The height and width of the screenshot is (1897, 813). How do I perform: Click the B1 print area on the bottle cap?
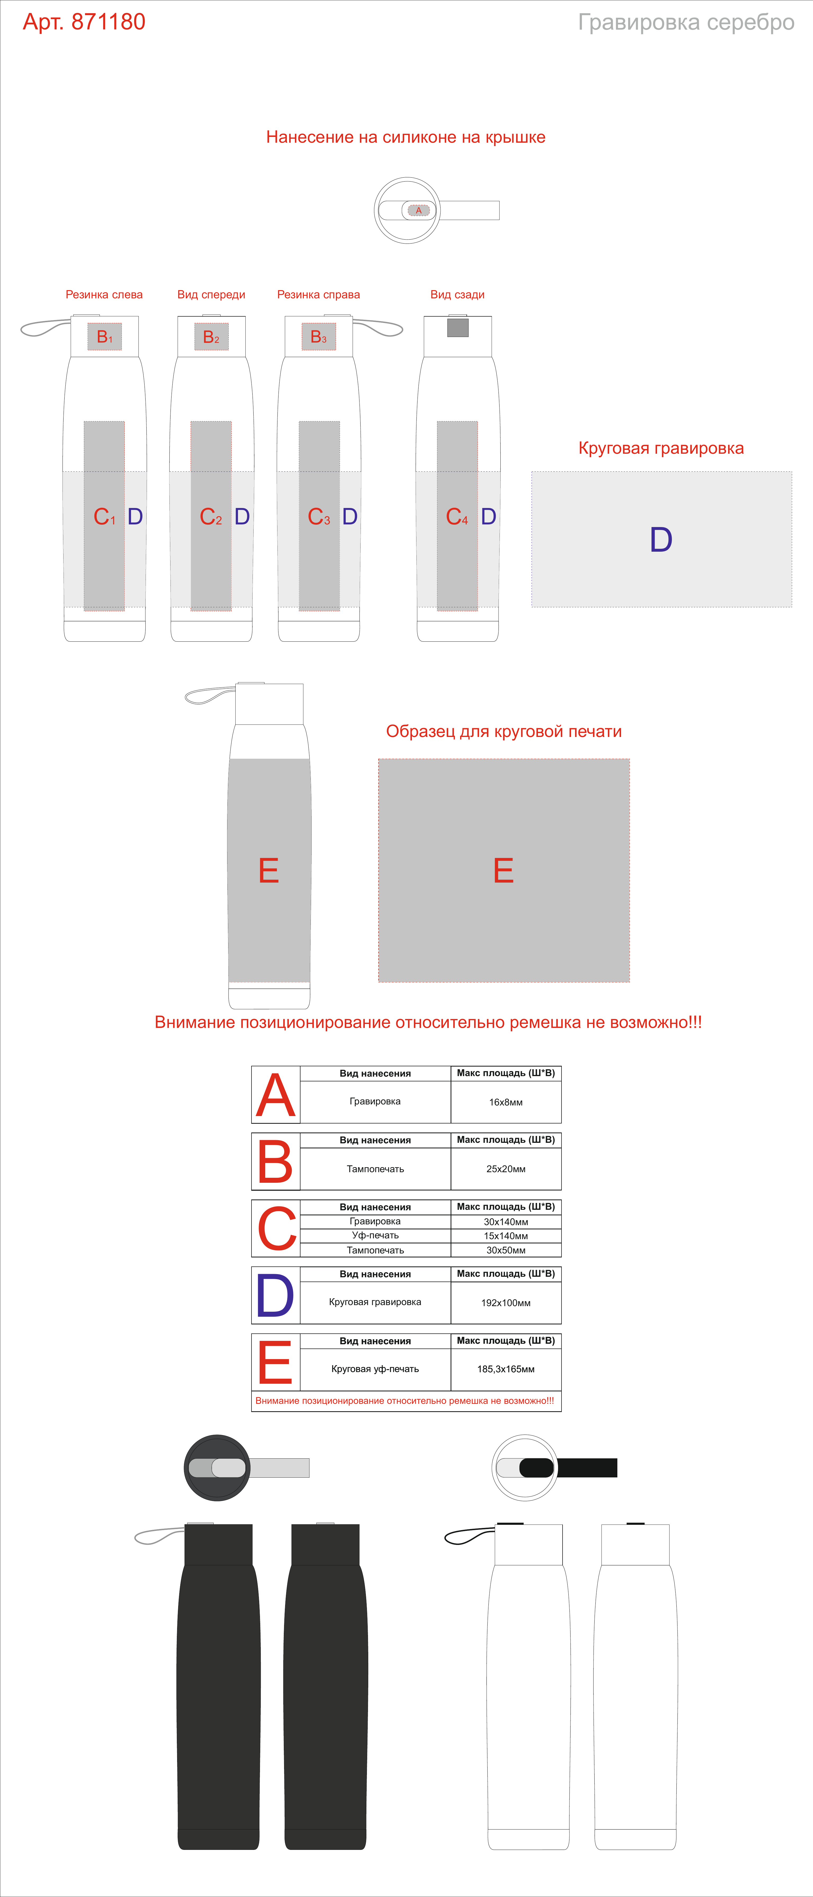pos(105,336)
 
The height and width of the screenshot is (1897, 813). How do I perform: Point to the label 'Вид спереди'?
pos(211,295)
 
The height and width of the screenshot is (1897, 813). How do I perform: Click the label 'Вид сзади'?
pos(457,295)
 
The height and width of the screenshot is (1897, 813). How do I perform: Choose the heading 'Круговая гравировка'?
pos(661,448)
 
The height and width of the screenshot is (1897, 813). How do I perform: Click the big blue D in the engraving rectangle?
pos(661,540)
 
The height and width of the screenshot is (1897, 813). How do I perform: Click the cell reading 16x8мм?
pos(506,1102)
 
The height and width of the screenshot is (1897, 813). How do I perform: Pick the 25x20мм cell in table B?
pos(506,1169)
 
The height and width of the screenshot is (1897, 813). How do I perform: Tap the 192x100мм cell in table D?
pos(506,1303)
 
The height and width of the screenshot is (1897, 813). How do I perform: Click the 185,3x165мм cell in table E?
pos(506,1369)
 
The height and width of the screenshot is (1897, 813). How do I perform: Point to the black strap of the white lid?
pos(585,1468)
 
